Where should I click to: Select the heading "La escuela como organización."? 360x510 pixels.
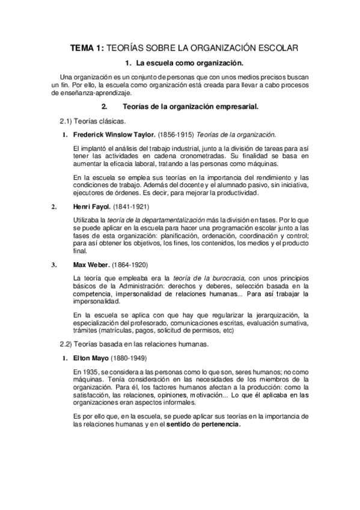click(189, 63)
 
